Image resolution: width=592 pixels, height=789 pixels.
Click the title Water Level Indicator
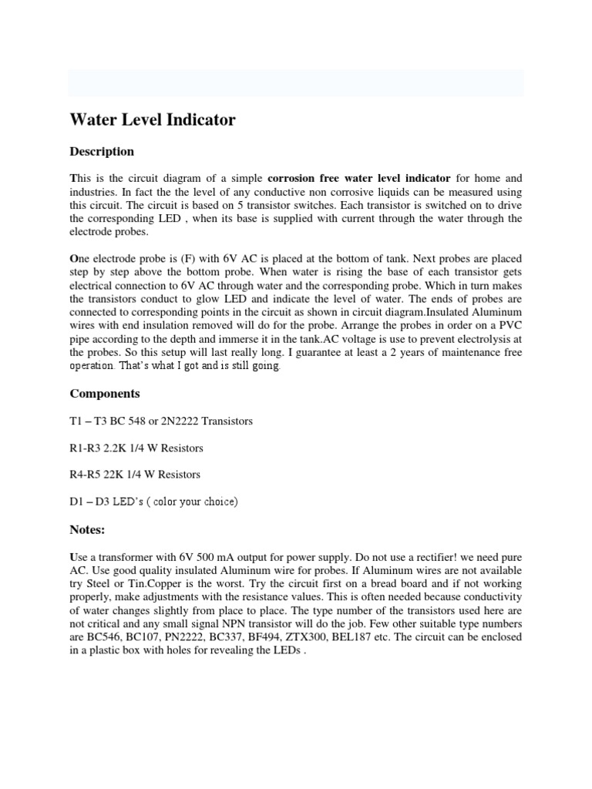153,120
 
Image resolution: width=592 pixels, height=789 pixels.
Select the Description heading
102,152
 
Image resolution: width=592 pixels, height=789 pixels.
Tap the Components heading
105,394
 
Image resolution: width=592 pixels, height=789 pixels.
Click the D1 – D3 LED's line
154,502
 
